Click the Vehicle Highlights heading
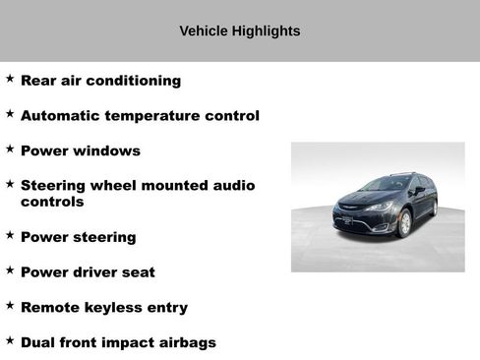[x=240, y=31]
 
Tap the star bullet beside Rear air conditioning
[x=10, y=78]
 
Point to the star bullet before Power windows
[x=10, y=149]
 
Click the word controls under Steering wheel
[x=52, y=202]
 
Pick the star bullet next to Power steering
[x=10, y=235]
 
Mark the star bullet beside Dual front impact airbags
[x=10, y=340]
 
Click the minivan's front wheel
[x=404, y=224]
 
